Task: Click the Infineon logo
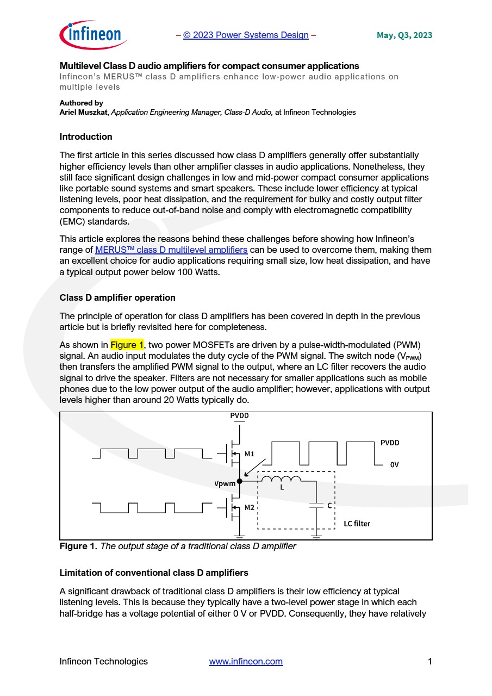pyautogui.click(x=93, y=35)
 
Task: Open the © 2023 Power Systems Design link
pyautogui.click(x=246, y=35)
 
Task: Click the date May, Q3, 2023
pyautogui.click(x=404, y=35)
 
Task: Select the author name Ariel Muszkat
pyautogui.click(x=84, y=113)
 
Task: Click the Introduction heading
pyautogui.click(x=86, y=136)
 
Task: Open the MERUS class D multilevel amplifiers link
pyautogui.click(x=171, y=250)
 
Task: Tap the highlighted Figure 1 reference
pyautogui.click(x=127, y=345)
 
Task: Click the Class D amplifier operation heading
pyautogui.click(x=117, y=298)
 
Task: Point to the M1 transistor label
pyautogui.click(x=250, y=453)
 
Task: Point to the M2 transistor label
pyautogui.click(x=250, y=507)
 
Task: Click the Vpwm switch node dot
pyautogui.click(x=240, y=481)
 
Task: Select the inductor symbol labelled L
pyautogui.click(x=282, y=480)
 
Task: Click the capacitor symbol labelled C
pyautogui.click(x=316, y=506)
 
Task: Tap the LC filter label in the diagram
pyautogui.click(x=357, y=524)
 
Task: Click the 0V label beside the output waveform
pyautogui.click(x=395, y=465)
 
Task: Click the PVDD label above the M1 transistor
pyautogui.click(x=240, y=415)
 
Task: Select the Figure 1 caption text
pyautogui.click(x=178, y=546)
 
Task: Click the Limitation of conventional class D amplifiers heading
pyautogui.click(x=154, y=573)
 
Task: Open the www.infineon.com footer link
pyautogui.click(x=246, y=662)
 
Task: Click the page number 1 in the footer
pyautogui.click(x=429, y=662)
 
